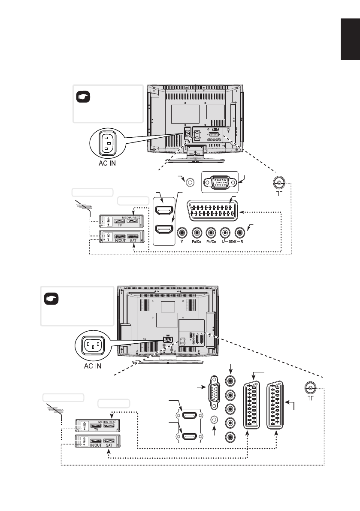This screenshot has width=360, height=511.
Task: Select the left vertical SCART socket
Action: pos(252,405)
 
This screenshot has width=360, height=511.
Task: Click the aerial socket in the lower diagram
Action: pos(310,389)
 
